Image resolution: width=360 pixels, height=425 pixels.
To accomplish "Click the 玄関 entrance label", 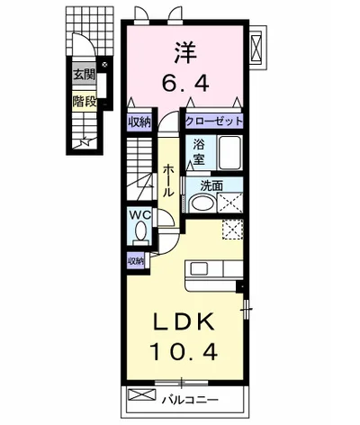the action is click(85, 74).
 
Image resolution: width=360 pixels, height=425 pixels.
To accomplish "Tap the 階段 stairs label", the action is click(85, 101).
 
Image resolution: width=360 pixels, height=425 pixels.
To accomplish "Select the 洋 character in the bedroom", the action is click(185, 53).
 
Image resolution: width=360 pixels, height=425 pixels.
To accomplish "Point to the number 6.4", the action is click(185, 83).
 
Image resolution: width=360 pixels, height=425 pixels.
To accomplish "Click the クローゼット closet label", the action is click(214, 122).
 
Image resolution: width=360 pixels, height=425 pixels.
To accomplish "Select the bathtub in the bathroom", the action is click(229, 153).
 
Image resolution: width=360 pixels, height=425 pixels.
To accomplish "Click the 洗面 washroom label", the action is click(211, 186).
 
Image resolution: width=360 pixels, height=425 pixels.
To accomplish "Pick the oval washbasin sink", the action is click(203, 203).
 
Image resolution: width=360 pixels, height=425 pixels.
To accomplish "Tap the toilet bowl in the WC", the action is click(140, 231).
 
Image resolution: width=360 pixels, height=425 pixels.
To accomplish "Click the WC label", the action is click(139, 214).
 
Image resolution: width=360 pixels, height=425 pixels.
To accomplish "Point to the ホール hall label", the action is click(168, 181).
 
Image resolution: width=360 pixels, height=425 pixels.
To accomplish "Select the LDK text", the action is click(184, 322).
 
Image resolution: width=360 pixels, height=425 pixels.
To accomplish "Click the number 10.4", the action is click(184, 351).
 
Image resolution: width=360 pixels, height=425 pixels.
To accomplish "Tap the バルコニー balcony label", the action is click(190, 400).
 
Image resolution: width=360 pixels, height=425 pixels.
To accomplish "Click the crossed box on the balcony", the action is click(142, 394).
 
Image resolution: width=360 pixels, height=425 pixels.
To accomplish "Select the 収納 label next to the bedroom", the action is click(139, 122).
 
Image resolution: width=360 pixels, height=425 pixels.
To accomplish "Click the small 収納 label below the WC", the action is click(136, 261).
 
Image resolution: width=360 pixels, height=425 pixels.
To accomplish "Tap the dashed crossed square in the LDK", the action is click(233, 230).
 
